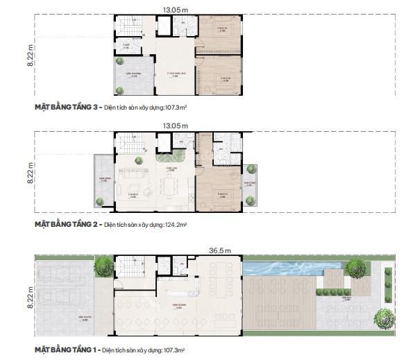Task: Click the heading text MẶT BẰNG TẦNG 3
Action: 67,108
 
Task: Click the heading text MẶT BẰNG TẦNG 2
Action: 67,225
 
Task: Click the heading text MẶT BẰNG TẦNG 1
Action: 66,351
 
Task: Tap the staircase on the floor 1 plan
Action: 128,266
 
